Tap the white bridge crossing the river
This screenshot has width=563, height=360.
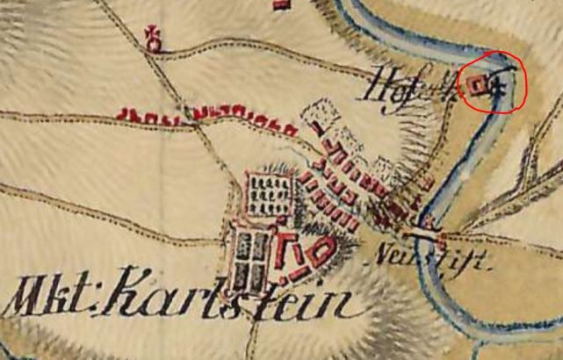coord(421,234)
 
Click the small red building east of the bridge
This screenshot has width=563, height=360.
coord(441,237)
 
